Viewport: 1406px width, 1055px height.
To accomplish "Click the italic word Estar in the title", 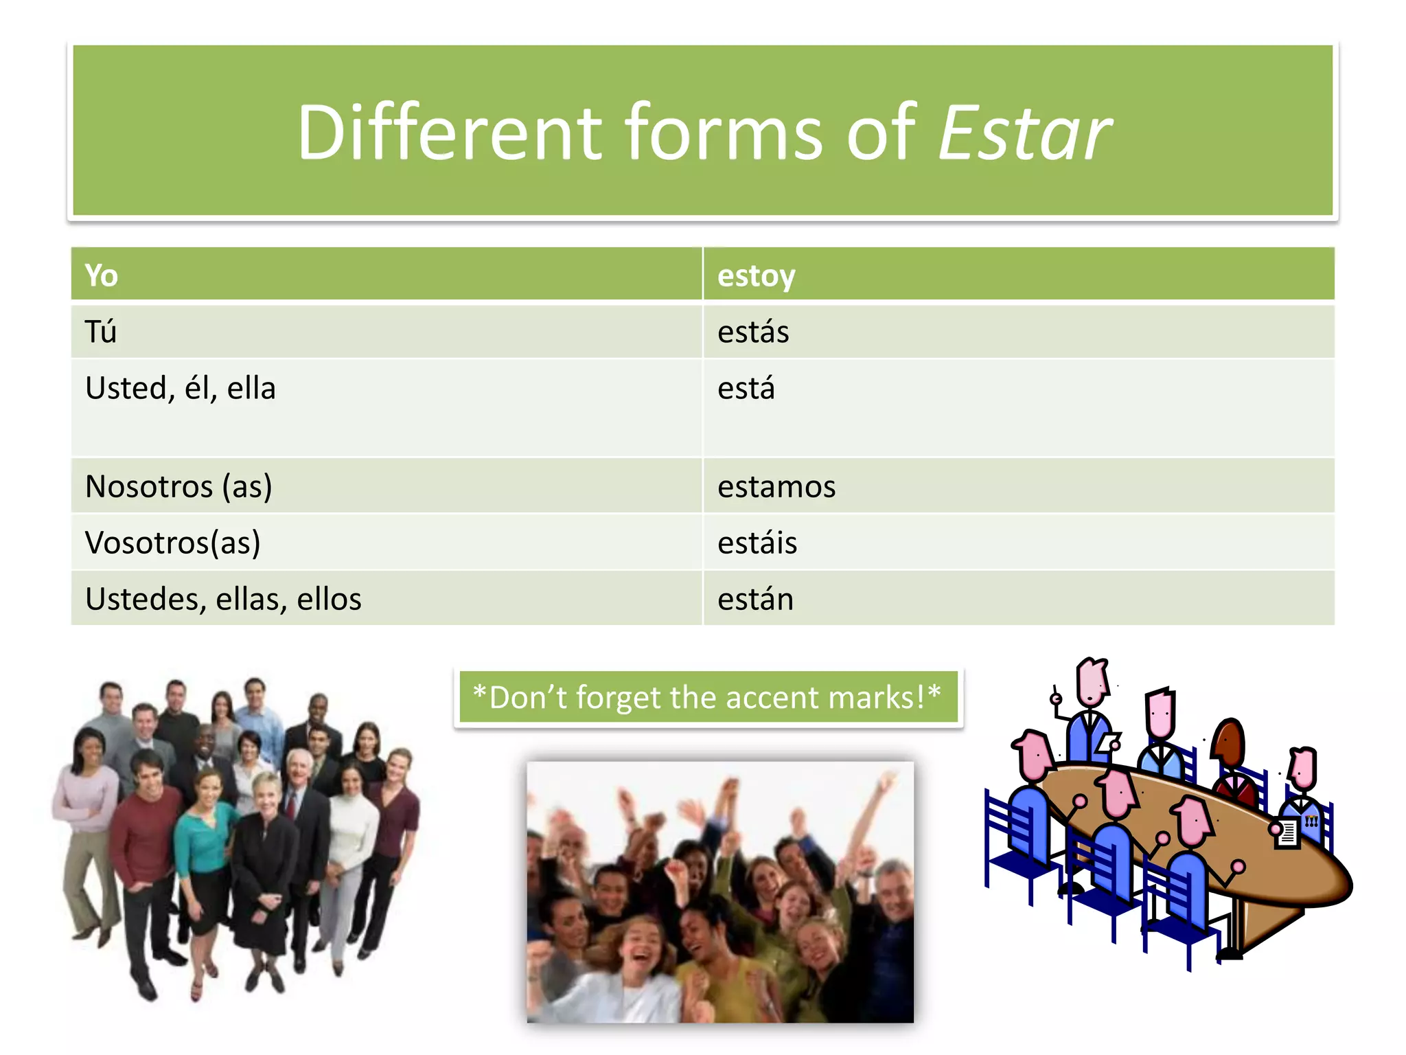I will coord(1024,133).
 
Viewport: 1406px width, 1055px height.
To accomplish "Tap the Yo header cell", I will coord(102,275).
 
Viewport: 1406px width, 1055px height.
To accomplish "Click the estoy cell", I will coord(756,275).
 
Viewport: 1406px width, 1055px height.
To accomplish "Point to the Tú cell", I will coord(101,332).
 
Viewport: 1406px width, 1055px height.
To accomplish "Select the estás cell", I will coord(753,332).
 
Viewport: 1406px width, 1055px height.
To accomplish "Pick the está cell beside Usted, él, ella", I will coord(746,388).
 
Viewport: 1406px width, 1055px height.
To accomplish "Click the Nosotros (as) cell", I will coord(178,486).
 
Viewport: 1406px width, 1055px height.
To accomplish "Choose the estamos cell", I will coord(776,486).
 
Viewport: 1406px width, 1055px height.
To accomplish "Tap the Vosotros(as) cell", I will coord(173,543).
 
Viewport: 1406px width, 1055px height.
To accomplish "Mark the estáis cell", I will coord(757,543).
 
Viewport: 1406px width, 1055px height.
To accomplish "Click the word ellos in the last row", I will coord(329,599).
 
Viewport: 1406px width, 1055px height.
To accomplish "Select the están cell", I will coord(755,599).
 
